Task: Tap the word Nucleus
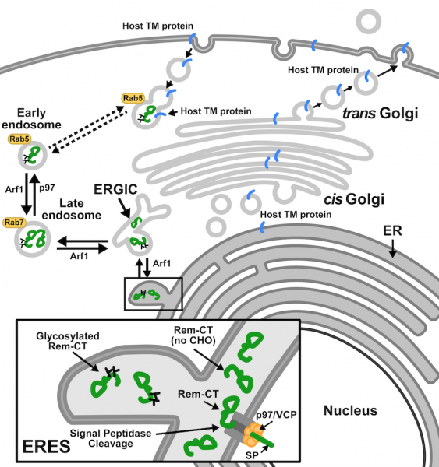pyautogui.click(x=350, y=410)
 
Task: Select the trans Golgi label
pyautogui.click(x=381, y=114)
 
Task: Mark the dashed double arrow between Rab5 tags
pyautogui.click(x=85, y=125)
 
